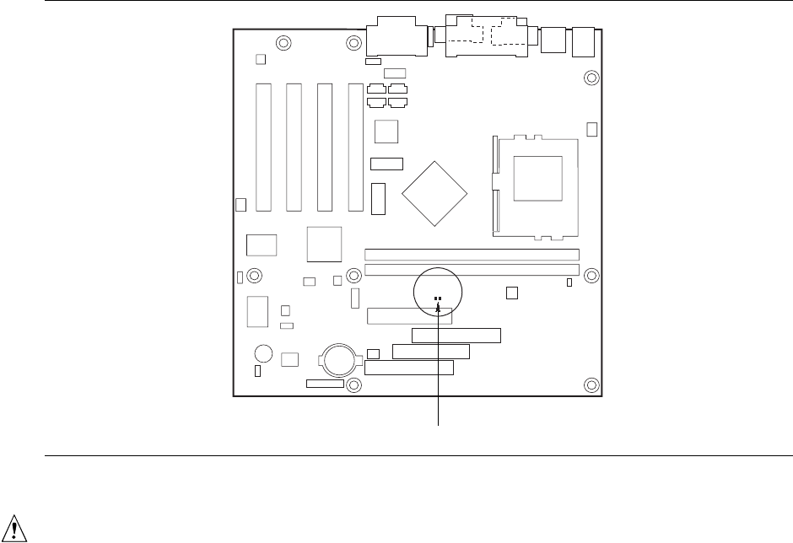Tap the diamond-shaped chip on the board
coord(434,191)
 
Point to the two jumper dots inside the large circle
coord(438,298)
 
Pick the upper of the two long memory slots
coord(472,254)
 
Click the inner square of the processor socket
coord(537,178)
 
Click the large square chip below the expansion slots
coord(324,244)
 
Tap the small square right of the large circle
coord(511,293)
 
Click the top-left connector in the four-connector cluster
coord(376,89)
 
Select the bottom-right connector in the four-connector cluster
coord(396,103)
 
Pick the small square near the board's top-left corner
coord(260,60)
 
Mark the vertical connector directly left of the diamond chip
coord(378,197)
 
